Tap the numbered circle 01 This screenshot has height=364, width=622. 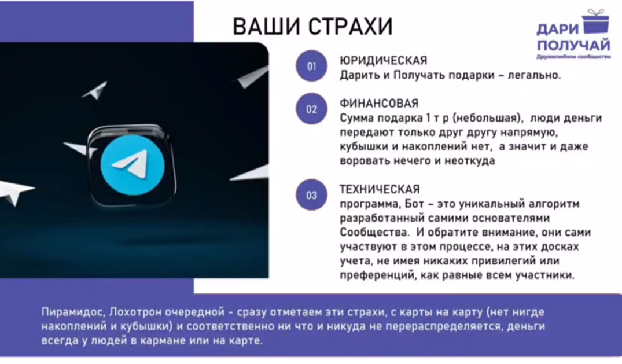click(x=311, y=67)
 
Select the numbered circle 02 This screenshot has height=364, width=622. click(x=311, y=109)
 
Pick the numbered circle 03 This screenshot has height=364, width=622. click(x=311, y=194)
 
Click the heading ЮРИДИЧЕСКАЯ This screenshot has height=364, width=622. click(x=383, y=60)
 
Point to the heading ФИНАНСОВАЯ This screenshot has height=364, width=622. click(x=379, y=104)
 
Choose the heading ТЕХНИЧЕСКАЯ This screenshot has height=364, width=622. click(x=380, y=189)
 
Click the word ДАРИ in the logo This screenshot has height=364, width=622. click(x=558, y=29)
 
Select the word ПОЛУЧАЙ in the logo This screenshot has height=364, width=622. click(x=573, y=45)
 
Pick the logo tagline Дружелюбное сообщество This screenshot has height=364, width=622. click(x=573, y=57)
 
